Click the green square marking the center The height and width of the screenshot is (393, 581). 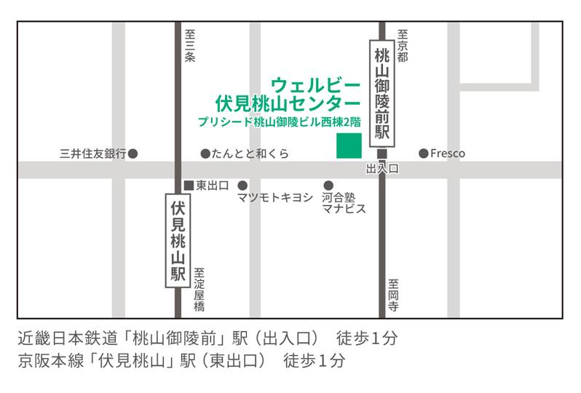point(349,146)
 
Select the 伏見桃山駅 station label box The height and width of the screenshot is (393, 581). point(178,241)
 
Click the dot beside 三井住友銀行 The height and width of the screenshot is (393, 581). point(133,154)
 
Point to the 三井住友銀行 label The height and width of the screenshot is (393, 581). point(93,154)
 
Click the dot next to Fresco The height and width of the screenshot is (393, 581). point(423,154)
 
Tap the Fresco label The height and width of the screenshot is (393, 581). point(447,154)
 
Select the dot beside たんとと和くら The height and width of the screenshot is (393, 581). point(205,154)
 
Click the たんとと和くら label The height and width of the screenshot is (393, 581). point(250,154)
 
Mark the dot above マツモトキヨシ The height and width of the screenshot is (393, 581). point(242,185)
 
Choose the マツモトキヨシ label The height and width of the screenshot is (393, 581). point(275,197)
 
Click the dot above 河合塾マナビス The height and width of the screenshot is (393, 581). point(328,185)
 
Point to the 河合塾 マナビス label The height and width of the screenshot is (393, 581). point(343,203)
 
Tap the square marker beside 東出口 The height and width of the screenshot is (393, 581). point(188,185)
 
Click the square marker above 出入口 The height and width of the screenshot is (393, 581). point(382,154)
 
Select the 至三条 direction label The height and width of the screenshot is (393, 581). point(190,45)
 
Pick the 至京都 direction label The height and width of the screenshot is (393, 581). point(402,45)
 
